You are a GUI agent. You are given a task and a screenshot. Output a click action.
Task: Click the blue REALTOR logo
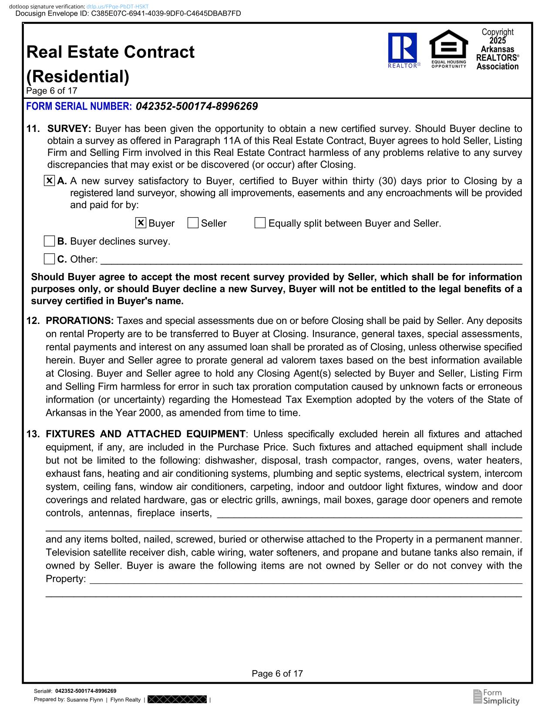[402, 48]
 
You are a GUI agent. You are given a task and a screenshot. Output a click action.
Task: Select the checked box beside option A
[50, 181]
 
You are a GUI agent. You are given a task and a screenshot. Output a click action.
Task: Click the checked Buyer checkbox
[141, 223]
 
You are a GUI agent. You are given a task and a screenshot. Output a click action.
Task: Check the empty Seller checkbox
[193, 223]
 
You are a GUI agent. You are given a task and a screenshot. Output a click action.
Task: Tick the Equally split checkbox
[260, 223]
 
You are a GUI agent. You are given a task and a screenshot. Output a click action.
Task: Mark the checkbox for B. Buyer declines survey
[50, 241]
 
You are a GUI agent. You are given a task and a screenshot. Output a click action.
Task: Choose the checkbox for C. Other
[50, 259]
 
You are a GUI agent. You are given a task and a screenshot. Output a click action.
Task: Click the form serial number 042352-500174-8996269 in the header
[197, 106]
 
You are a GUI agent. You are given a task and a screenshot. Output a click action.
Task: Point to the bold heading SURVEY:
[69, 129]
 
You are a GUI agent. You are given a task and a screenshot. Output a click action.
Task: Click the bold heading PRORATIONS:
[80, 321]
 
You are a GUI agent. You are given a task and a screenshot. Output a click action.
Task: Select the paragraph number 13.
[33, 434]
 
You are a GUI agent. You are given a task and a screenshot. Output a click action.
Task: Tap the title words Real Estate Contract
[111, 52]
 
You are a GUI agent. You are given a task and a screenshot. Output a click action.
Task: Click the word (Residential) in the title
[78, 77]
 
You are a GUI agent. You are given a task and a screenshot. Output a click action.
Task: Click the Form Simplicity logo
[496, 697]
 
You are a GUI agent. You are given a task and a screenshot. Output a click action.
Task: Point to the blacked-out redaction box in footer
[177, 700]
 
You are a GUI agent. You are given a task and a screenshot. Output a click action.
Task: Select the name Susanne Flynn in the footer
[84, 700]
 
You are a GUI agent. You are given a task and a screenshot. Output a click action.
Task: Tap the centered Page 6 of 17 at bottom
[277, 674]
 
